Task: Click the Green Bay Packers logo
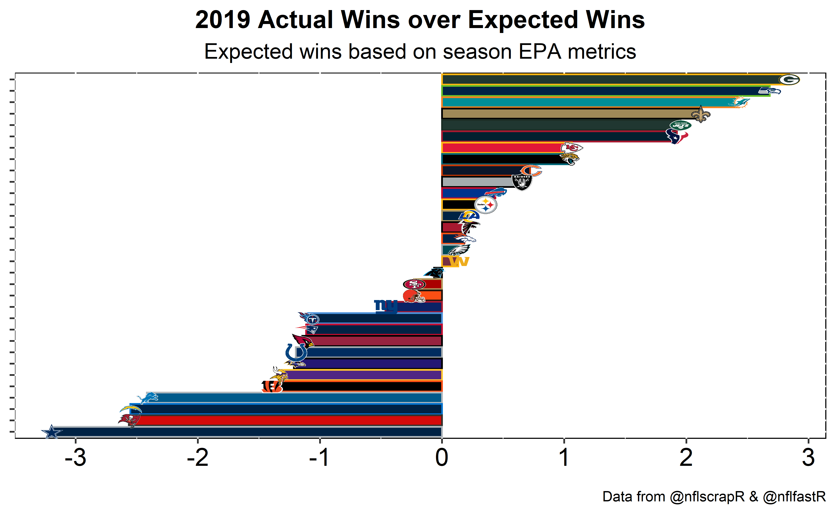pos(788,79)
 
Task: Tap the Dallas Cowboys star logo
pos(52,432)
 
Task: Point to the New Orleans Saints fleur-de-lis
pos(701,114)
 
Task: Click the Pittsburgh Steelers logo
pos(486,205)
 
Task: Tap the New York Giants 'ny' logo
pos(385,306)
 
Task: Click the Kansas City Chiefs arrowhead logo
pos(572,148)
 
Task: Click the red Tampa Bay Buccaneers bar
pos(289,420)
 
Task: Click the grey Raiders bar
pos(476,182)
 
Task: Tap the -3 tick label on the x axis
pos(75,458)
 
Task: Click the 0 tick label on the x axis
pos(442,458)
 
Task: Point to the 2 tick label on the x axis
pos(686,458)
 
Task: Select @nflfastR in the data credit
pos(794,497)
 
